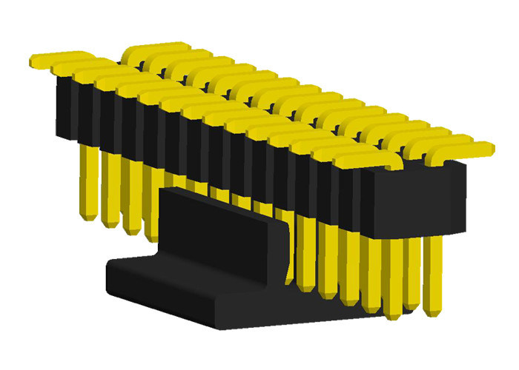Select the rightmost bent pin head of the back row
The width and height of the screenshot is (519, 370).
[x=467, y=147]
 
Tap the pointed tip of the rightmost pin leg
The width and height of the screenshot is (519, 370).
[x=434, y=303]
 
